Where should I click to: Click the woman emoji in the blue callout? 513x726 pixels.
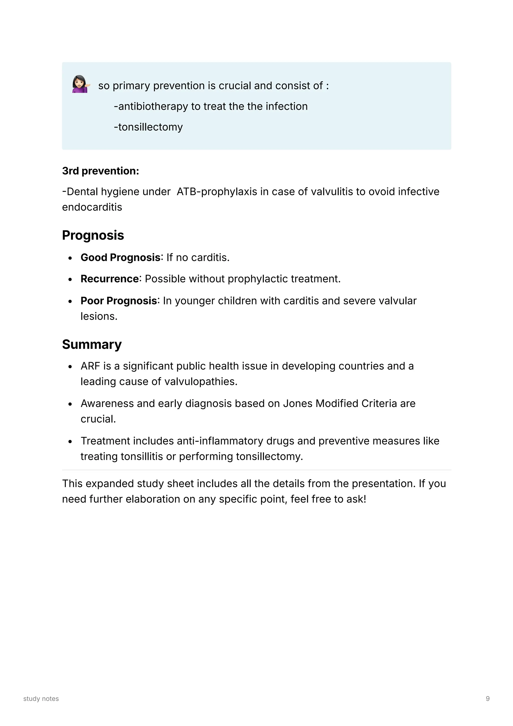click(81, 84)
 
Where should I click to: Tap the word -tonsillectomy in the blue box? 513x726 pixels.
click(148, 127)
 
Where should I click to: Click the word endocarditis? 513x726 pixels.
click(92, 207)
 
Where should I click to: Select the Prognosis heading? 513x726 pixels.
click(93, 235)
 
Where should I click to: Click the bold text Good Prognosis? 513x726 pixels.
click(120, 257)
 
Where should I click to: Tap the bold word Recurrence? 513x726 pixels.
click(109, 279)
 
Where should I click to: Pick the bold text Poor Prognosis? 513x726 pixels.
click(118, 301)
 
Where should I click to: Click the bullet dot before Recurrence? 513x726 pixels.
click(70, 279)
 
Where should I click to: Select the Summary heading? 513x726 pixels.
click(92, 344)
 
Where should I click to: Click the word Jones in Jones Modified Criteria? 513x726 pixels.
click(297, 403)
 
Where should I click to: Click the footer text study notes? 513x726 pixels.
click(41, 699)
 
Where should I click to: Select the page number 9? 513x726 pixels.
click(487, 699)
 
